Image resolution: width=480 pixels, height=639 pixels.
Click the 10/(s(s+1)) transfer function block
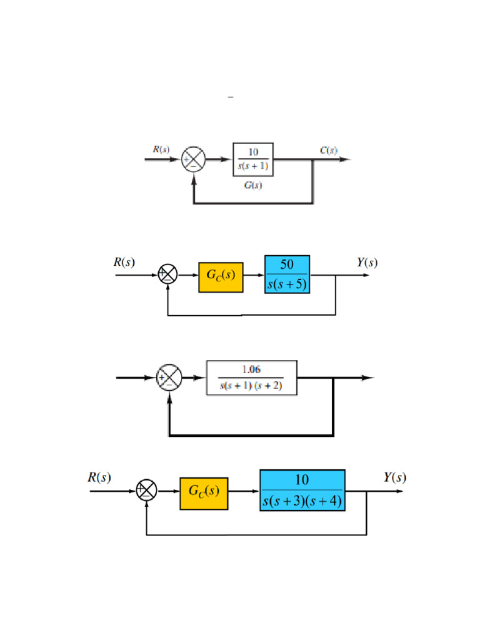(253, 160)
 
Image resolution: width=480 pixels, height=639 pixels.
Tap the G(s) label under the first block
(252, 187)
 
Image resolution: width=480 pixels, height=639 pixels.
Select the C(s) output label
(328, 150)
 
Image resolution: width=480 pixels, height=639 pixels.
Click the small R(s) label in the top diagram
(161, 150)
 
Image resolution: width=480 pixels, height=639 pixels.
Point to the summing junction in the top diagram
(192, 160)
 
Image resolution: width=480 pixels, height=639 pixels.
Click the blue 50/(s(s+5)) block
(287, 275)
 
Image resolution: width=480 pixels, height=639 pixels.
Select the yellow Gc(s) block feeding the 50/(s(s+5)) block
(221, 275)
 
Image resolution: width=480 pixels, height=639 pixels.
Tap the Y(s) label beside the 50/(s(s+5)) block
(367, 263)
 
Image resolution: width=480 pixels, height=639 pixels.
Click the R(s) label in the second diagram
(124, 262)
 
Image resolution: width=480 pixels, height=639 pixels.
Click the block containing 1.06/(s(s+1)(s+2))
(251, 378)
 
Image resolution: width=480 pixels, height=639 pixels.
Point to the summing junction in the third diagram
(169, 378)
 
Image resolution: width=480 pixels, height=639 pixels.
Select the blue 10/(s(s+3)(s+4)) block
(302, 490)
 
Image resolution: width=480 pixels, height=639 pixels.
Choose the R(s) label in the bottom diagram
(99, 478)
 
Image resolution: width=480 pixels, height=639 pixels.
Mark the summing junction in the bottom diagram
(146, 491)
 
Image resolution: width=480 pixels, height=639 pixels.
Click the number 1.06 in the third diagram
(251, 370)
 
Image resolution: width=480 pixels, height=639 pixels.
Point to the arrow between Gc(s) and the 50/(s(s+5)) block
(254, 275)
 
